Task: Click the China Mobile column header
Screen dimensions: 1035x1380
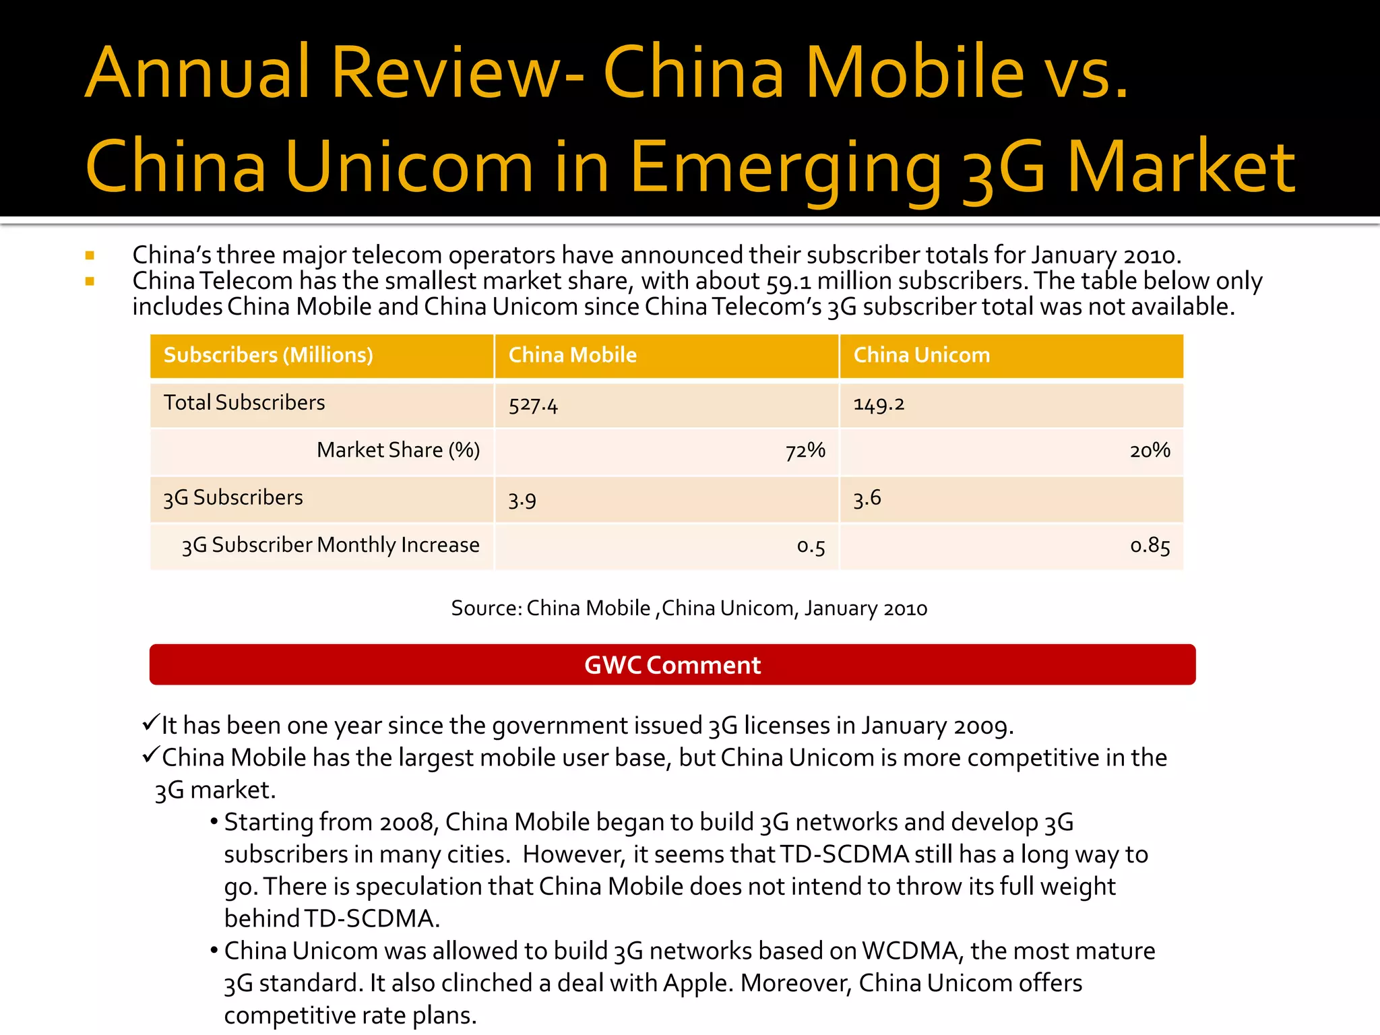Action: pos(572,355)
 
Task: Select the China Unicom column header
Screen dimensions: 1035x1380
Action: pos(921,355)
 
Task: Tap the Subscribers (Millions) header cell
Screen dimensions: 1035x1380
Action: pos(268,355)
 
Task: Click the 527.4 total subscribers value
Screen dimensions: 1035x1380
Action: pos(533,405)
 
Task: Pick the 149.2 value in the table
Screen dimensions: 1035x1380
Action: pos(879,404)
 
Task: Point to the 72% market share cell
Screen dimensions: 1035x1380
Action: pos(805,450)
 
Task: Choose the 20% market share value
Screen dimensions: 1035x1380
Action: pos(1150,450)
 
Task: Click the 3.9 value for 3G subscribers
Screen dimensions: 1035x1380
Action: pos(522,500)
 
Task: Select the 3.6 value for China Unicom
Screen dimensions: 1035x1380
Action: pos(867,499)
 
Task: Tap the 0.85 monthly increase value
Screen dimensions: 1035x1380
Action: pos(1150,545)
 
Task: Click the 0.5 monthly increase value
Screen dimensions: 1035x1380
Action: pos(811,546)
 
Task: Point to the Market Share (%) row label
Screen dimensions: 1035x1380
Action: pos(398,450)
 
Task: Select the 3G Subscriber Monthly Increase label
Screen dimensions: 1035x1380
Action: pos(330,545)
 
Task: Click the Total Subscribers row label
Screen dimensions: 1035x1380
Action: pos(244,403)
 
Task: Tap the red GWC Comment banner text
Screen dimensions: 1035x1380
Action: pos(672,665)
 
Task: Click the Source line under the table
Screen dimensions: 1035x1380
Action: pos(689,608)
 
